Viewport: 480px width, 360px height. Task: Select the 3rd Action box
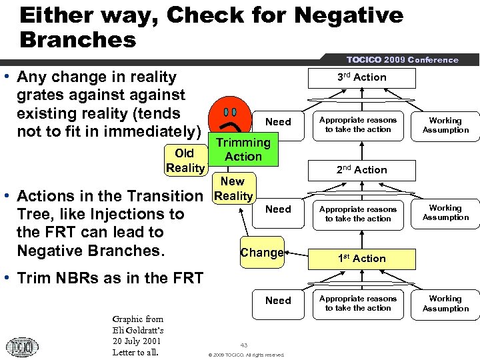click(x=361, y=77)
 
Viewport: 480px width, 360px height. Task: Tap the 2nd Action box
click(x=361, y=169)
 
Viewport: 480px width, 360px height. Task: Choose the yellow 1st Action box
click(x=361, y=258)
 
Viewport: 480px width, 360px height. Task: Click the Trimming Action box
click(x=243, y=149)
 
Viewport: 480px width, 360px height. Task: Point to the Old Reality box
click(x=185, y=161)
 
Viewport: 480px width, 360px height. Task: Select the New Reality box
click(x=233, y=188)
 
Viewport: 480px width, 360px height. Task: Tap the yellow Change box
click(x=261, y=253)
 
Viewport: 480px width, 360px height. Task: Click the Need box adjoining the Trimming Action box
click(x=278, y=121)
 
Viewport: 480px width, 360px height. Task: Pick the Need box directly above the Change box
click(x=278, y=209)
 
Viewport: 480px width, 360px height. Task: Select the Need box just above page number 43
click(x=278, y=301)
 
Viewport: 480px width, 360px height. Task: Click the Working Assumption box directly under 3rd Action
click(x=445, y=125)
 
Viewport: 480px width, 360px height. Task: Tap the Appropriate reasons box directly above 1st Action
click(x=358, y=213)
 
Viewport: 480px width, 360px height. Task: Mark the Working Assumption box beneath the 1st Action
click(x=445, y=303)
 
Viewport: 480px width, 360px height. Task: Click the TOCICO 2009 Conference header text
click(x=403, y=59)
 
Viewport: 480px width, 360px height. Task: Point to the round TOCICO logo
click(x=22, y=347)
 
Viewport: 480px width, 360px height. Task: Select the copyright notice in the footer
click(x=246, y=355)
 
